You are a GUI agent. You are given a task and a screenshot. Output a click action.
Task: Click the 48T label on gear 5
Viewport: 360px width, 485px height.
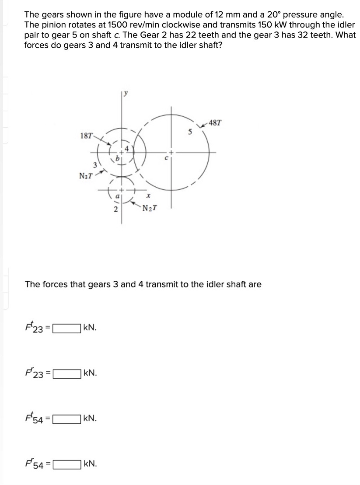215,122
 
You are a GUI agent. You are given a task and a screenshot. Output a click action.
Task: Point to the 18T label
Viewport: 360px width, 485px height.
86,136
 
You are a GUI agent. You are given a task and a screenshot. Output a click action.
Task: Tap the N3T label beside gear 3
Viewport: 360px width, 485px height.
85,176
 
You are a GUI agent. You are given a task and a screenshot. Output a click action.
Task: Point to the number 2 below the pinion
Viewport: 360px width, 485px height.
115,209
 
